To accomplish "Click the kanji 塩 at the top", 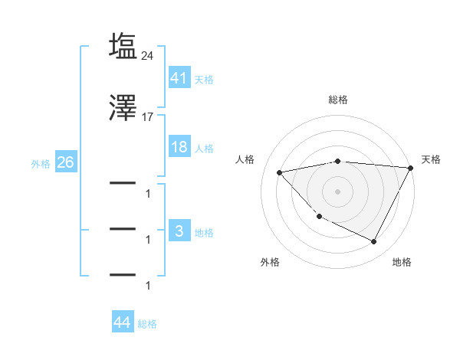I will click(123, 46).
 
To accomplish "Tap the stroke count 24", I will click(148, 55).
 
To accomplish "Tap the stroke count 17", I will click(148, 118).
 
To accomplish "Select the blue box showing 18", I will click(179, 147).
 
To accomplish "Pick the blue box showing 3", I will click(179, 231).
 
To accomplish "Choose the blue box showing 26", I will click(65, 162).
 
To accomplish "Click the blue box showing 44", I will click(122, 322).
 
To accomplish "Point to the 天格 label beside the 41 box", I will click(204, 79).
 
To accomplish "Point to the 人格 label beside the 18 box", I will click(204, 148).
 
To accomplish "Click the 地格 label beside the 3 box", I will click(204, 232).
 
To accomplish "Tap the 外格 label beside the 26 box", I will click(41, 163).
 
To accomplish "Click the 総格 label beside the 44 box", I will click(147, 324).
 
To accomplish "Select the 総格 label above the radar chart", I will click(338, 100).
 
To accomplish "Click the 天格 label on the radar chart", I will click(431, 159).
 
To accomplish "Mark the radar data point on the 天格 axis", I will click(412, 168).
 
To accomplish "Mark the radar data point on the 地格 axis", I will click(374, 242).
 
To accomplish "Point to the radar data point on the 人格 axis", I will click(280, 172).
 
